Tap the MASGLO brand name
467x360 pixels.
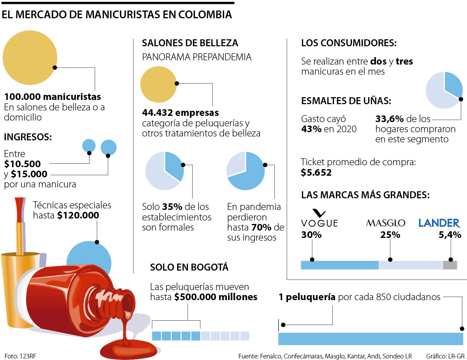(385, 223)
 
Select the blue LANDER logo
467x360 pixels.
(439, 223)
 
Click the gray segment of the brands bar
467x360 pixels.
(450, 265)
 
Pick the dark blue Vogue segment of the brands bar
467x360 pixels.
(339, 265)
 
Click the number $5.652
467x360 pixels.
(316, 173)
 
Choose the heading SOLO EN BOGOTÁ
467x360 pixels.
(189, 267)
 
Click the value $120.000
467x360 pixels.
(78, 215)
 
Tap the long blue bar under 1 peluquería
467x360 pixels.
(370, 339)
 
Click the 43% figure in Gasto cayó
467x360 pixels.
(311, 129)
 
